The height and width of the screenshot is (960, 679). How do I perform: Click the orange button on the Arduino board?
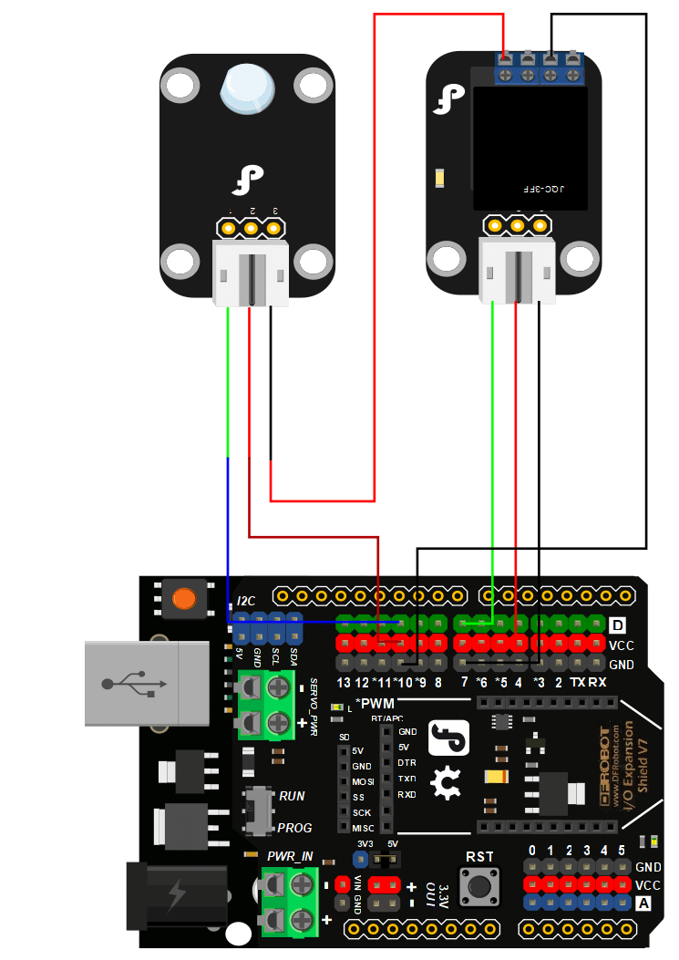point(183,598)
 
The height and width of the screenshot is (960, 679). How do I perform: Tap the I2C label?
point(246,602)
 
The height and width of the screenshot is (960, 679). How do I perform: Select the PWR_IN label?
point(290,857)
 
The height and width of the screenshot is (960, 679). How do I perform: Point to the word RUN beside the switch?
point(292,796)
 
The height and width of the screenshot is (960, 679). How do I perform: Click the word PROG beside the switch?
point(294,828)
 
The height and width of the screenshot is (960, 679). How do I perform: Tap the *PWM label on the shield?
point(374,703)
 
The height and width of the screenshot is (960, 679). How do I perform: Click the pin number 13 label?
point(344,683)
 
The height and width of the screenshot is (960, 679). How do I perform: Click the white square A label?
point(643,903)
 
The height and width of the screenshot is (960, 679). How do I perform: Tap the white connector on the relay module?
point(517,269)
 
